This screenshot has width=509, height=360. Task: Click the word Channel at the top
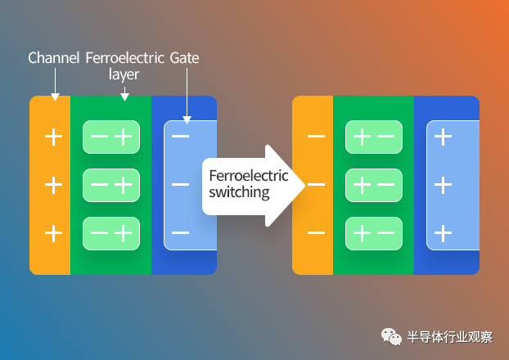pos(53,58)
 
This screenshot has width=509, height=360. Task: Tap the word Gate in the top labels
pos(184,58)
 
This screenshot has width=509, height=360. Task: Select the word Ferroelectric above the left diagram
pos(125,58)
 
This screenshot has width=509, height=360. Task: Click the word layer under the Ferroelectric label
pos(124,74)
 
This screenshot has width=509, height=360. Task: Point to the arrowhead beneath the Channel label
pos(55,97)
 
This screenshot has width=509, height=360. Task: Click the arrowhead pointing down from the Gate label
pos(187,119)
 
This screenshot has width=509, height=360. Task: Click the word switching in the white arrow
pos(239,192)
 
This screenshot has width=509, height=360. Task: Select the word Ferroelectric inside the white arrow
pos(249,176)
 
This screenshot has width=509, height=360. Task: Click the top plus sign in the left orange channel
pos(53,137)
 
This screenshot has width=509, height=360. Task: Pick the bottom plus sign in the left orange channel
pos(53,233)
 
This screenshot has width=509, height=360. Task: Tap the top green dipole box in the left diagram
pos(111,137)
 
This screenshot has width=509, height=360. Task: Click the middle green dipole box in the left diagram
pos(111,186)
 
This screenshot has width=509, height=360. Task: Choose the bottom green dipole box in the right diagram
pos(374,233)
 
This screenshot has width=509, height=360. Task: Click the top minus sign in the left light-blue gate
pos(181,137)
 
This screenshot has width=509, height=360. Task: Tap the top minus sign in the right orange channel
pos(316,137)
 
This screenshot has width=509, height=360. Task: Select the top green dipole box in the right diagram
pos(374,137)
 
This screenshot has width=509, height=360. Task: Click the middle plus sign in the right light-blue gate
pos(443,185)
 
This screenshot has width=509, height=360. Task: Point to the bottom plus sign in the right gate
pos(443,233)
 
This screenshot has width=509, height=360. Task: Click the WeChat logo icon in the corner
pos(391,336)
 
